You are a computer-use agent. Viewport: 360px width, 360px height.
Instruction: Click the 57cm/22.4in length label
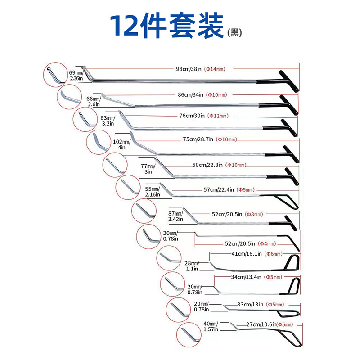pos(219,190)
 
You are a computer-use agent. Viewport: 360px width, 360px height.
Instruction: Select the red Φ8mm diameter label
pos(254,215)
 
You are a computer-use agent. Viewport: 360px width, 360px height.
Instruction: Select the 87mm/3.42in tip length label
pos(175,216)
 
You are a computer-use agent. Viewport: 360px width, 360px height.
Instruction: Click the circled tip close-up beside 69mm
pos(54,74)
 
